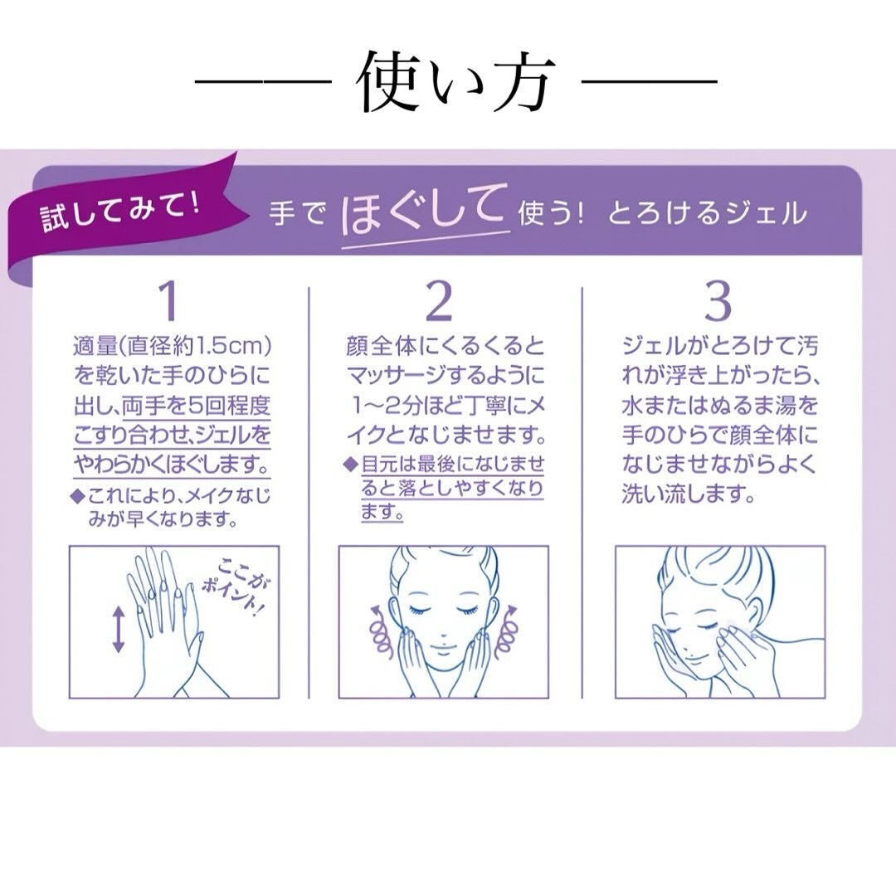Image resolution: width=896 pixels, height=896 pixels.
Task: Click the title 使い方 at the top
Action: [455, 84]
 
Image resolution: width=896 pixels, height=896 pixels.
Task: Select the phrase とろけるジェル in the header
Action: [707, 213]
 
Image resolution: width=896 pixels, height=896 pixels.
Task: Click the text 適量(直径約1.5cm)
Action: [173, 344]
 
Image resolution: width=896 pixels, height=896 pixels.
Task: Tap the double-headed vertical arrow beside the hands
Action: [118, 629]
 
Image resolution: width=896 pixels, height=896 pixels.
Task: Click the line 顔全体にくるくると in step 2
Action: [446, 344]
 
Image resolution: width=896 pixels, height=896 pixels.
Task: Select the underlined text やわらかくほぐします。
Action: [173, 462]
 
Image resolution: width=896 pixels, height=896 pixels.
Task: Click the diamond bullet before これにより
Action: [78, 497]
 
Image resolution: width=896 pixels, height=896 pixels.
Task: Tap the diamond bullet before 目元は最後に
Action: [350, 463]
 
